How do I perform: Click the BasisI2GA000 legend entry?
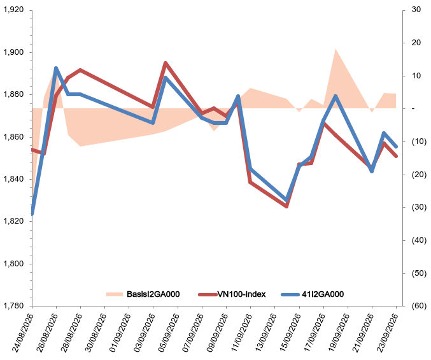(143, 294)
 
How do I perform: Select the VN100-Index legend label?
(242, 294)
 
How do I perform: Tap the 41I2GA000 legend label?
(323, 294)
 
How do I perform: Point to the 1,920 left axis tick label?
(13, 10)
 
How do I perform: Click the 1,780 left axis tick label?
(13, 306)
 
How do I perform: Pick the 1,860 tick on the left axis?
(13, 137)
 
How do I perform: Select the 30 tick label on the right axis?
(416, 10)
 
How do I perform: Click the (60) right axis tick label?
(419, 306)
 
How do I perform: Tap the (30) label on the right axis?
(419, 207)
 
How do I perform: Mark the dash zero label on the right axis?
(413, 108)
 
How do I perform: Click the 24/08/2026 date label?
(22, 333)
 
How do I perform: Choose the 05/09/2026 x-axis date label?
(168, 333)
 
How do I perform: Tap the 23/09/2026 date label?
(387, 333)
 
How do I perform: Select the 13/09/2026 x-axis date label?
(265, 333)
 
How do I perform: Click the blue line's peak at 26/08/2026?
(56, 68)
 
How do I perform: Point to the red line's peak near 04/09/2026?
(166, 63)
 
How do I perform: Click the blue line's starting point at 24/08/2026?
(32, 214)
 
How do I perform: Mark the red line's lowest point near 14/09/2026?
(286, 206)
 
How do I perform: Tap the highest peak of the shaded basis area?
(336, 48)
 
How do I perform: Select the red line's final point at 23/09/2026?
(396, 156)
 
